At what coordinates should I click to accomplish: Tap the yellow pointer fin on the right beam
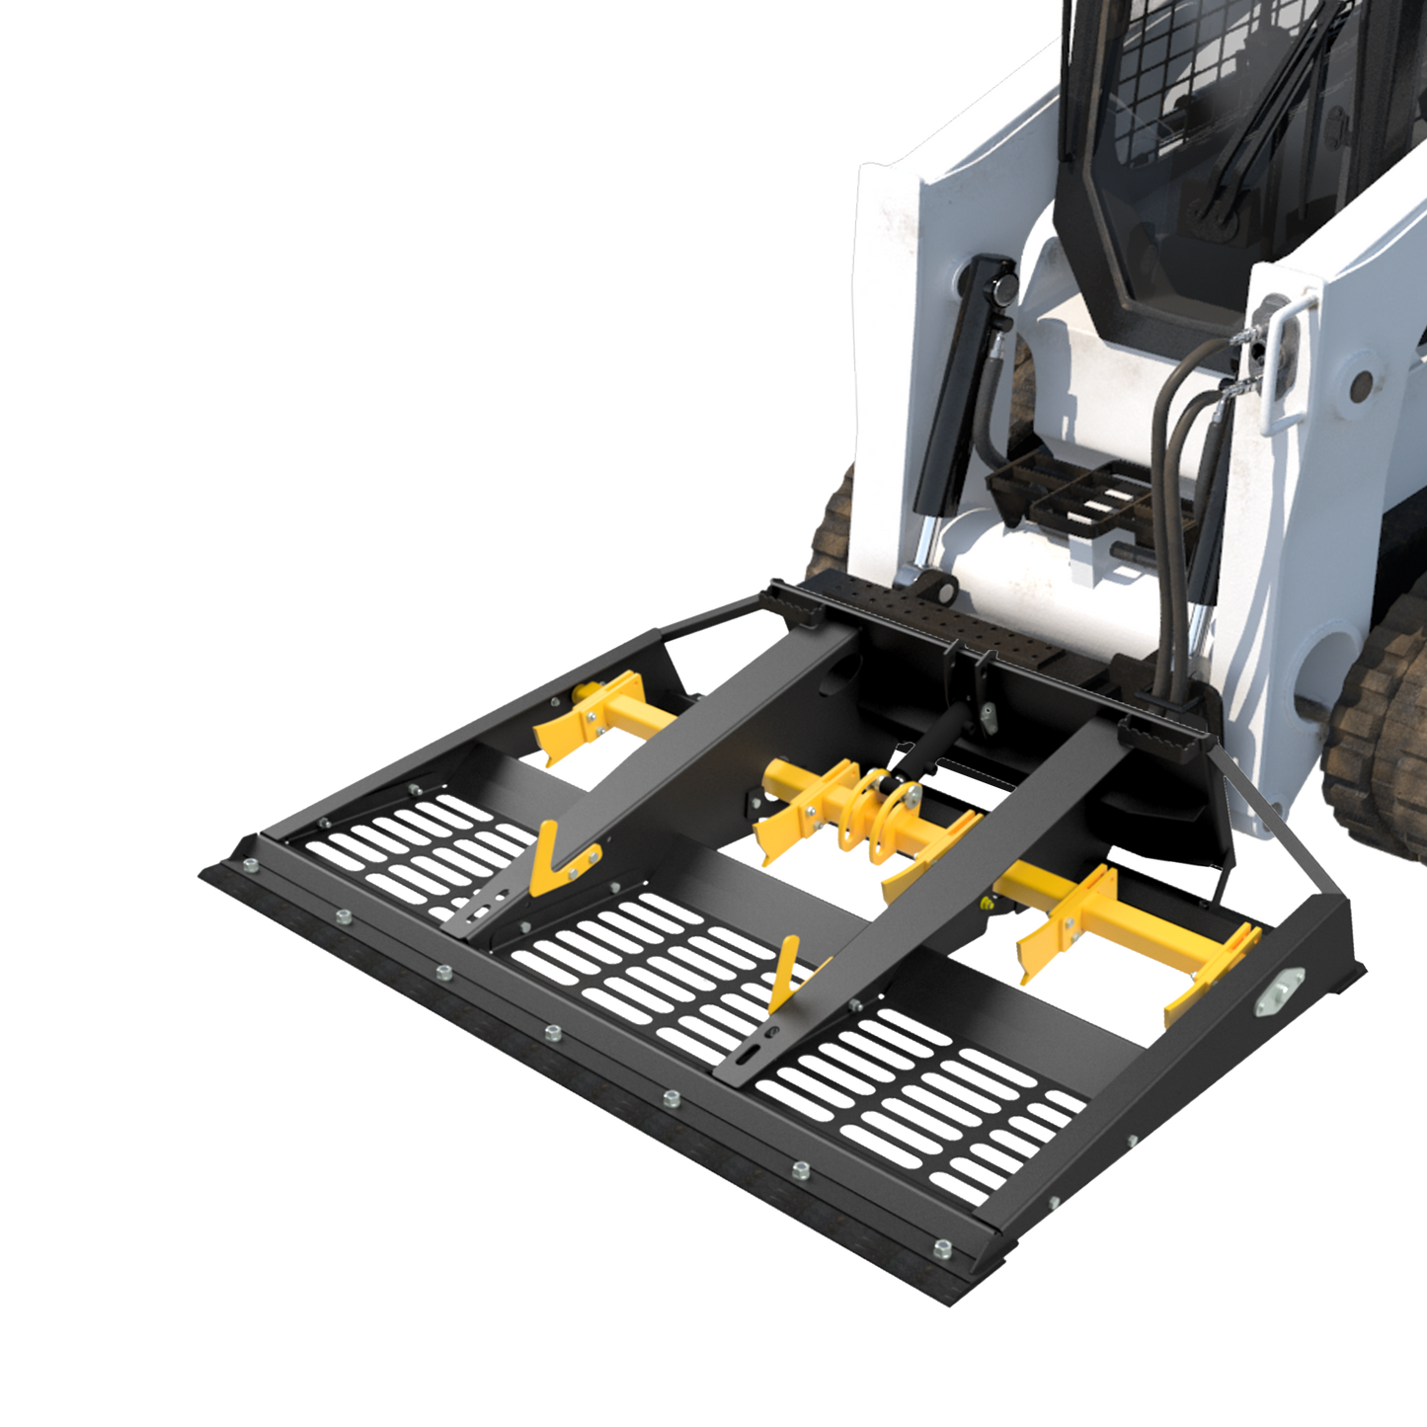click(x=786, y=973)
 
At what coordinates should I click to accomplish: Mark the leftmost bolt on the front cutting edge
click(x=248, y=866)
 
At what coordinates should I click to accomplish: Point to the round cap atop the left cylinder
click(x=1002, y=289)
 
